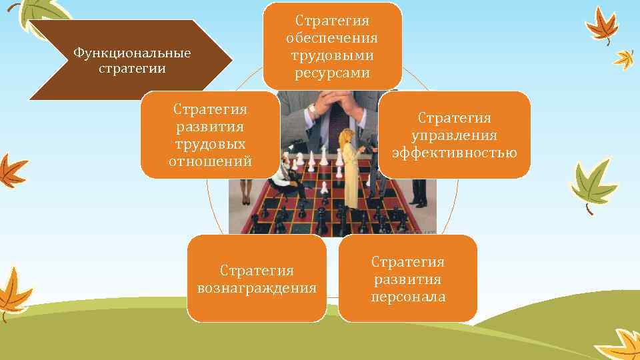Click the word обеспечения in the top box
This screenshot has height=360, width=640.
[x=332, y=38]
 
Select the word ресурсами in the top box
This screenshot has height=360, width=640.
[x=332, y=72]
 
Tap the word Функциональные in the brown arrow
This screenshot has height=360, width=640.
[x=132, y=53]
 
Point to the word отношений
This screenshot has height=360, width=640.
[x=210, y=161]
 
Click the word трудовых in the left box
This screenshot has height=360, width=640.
[x=210, y=143]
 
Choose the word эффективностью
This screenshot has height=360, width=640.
[x=454, y=153]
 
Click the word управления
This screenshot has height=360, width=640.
[x=454, y=135]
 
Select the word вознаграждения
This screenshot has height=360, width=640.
[x=257, y=288]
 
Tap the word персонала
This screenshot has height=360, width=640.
[x=408, y=297]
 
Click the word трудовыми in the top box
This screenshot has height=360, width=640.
[x=332, y=55]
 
